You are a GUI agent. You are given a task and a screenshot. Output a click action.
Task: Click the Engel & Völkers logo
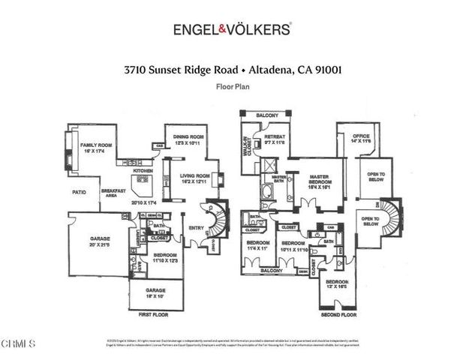tap(233, 30)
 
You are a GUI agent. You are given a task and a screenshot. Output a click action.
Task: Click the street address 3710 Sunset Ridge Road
tap(181, 69)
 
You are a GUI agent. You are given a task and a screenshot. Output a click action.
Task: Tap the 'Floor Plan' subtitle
tap(233, 87)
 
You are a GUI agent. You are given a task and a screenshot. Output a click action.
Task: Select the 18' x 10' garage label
tap(155, 292)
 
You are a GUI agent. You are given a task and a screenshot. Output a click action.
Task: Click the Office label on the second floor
tap(362, 139)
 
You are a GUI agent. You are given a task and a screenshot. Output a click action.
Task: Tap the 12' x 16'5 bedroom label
tap(336, 284)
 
